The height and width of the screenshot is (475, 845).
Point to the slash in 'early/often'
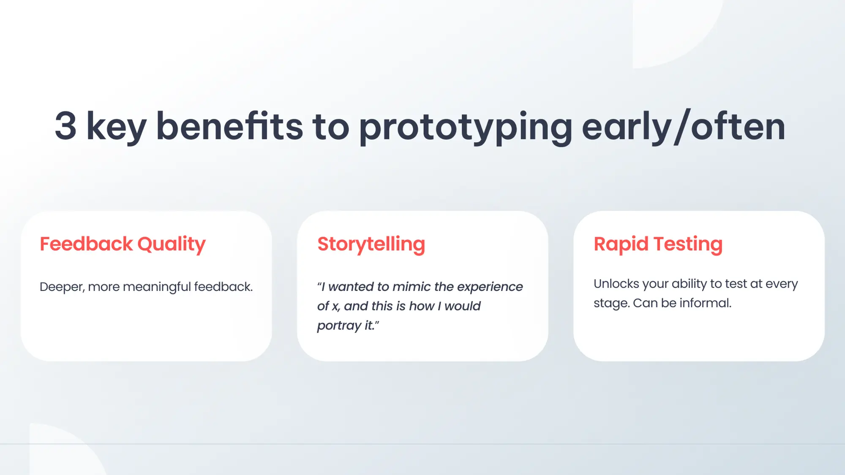click(x=682, y=127)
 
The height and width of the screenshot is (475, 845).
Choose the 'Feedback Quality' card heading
click(x=123, y=244)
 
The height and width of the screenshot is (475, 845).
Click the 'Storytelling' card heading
click(x=371, y=244)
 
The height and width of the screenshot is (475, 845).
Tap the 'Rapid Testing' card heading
click(x=658, y=244)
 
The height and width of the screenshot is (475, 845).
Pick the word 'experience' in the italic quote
click(x=490, y=288)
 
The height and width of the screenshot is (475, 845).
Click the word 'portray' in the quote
click(x=339, y=326)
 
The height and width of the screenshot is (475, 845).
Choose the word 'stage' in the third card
click(x=611, y=304)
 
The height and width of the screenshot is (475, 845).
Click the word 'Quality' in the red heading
click(x=172, y=245)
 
